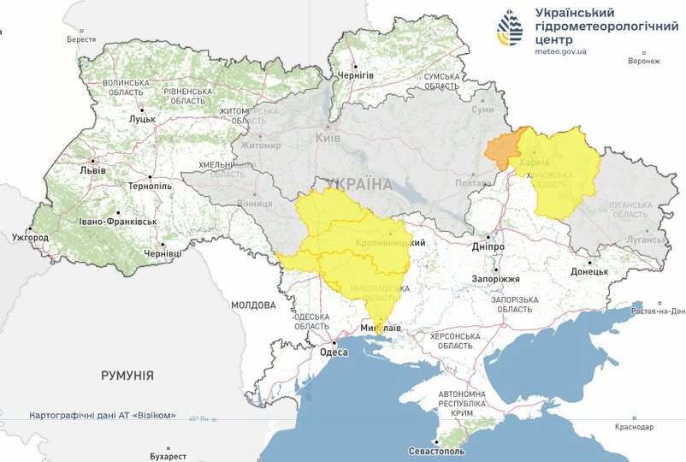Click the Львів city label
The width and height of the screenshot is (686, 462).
click(x=92, y=169)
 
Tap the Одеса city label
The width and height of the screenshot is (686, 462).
click(x=333, y=352)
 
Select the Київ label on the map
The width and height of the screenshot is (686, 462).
click(x=328, y=138)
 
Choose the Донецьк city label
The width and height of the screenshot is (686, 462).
click(x=589, y=272)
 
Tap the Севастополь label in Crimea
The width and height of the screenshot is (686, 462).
click(x=437, y=450)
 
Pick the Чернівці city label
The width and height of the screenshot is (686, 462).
click(x=163, y=254)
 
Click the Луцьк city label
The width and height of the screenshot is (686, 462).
click(x=141, y=119)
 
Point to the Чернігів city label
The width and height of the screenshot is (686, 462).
click(x=356, y=75)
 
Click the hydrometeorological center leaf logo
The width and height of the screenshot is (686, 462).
click(x=511, y=28)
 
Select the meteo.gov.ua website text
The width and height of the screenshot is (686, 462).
click(x=560, y=51)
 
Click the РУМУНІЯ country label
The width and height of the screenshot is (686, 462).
click(x=127, y=375)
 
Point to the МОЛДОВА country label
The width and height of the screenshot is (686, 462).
click(x=252, y=305)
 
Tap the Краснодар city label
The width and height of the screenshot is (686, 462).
click(x=634, y=427)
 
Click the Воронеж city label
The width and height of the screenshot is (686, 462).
click(x=643, y=61)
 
